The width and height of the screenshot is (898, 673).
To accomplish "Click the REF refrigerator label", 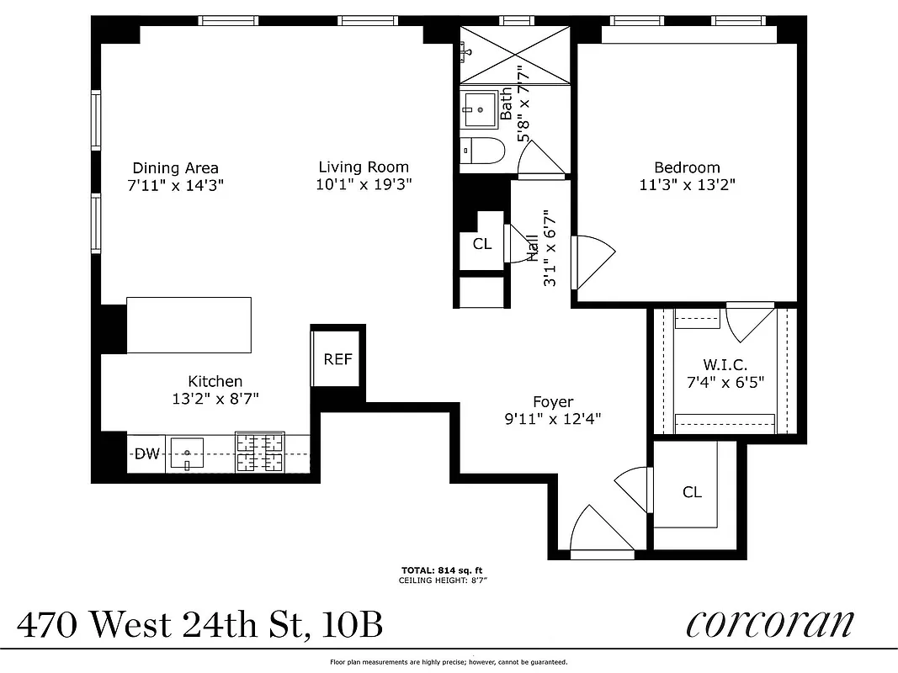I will coord(337,359).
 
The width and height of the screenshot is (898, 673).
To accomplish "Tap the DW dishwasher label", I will coord(147,454).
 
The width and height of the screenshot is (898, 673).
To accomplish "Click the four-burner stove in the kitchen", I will coord(259,452).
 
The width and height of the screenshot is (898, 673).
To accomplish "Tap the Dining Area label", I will coord(175,167).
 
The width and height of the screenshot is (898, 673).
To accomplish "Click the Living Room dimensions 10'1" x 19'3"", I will coord(364,184).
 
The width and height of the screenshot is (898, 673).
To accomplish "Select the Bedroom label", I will coord(687,167).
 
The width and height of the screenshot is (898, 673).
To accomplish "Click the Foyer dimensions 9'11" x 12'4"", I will coord(554,417).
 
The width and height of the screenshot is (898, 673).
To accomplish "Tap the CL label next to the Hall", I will coord(481,244).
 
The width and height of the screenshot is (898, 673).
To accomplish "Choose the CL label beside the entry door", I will coord(692,492).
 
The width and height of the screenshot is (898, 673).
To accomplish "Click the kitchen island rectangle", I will coord(189,325).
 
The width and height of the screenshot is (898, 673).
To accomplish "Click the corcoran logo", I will coord(769,624).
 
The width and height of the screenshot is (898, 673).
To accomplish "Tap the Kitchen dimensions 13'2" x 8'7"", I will coord(215,399).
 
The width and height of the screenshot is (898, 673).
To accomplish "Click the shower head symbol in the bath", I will coord(465,51).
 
